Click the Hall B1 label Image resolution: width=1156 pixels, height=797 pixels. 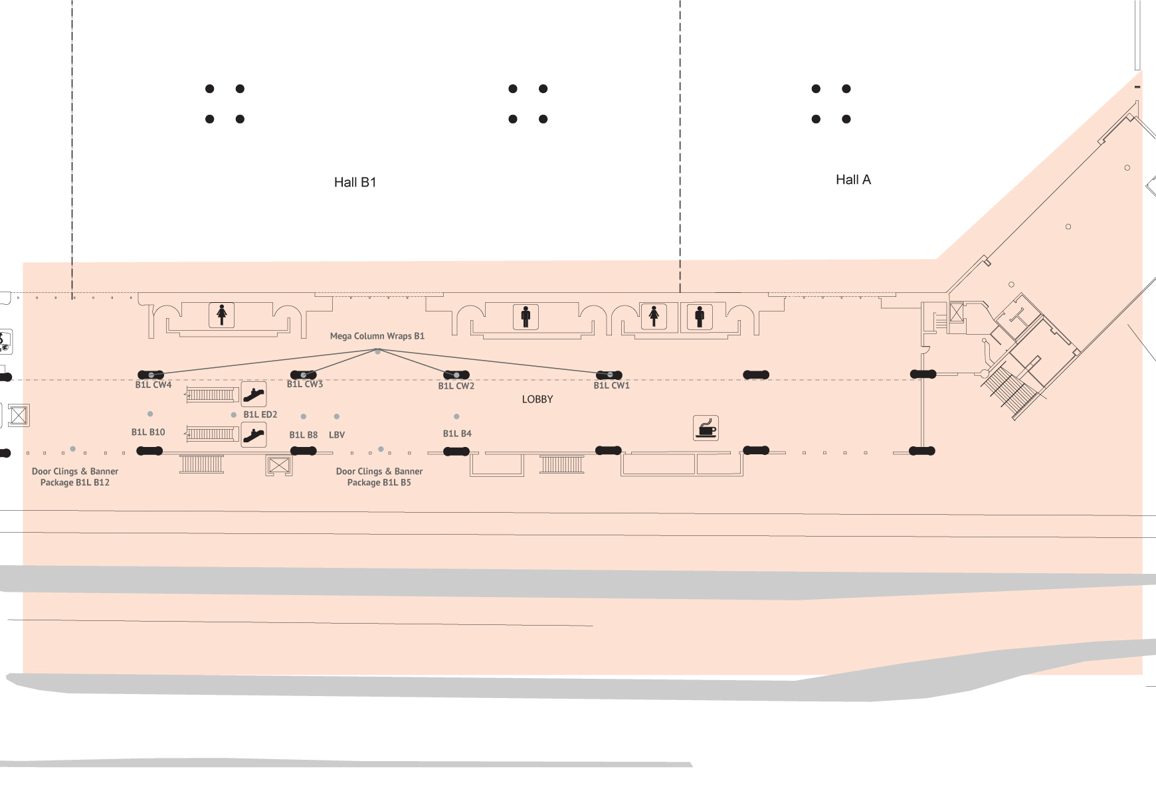[355, 182]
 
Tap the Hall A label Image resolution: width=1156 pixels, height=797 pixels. [853, 179]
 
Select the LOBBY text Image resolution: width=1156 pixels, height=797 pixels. [537, 399]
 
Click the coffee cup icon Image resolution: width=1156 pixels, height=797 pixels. [706, 428]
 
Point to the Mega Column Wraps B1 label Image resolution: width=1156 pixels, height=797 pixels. [377, 336]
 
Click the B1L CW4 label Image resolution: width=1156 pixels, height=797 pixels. [153, 385]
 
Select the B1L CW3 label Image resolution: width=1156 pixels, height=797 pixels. [305, 384]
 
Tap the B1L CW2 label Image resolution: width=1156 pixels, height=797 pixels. [456, 386]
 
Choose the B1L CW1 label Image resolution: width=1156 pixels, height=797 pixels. [611, 385]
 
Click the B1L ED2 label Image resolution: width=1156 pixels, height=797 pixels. [260, 414]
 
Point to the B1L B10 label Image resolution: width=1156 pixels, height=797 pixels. [148, 432]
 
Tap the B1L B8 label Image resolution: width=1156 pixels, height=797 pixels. [303, 435]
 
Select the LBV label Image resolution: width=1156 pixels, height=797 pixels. [337, 435]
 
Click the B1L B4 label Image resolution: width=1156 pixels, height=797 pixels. [457, 434]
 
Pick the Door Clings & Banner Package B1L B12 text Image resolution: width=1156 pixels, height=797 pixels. [75, 477]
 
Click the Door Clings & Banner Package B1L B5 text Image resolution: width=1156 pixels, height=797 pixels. [379, 477]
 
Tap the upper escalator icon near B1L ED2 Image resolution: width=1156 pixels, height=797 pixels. [254, 395]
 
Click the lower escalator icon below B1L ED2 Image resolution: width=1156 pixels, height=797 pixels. [254, 435]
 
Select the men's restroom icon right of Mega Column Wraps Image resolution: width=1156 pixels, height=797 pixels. [526, 316]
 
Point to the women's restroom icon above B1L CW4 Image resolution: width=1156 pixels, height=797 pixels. [222, 314]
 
